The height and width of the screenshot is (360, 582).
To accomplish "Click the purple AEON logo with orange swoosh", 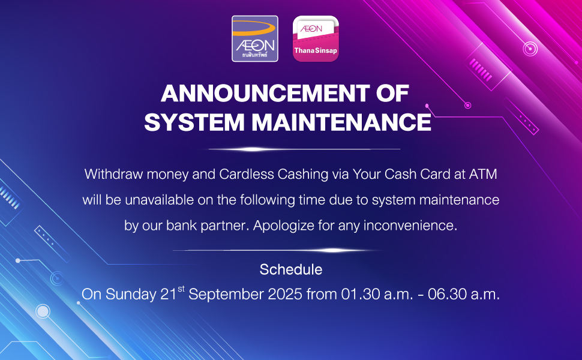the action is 255,38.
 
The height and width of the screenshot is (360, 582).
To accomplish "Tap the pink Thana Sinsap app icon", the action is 316,38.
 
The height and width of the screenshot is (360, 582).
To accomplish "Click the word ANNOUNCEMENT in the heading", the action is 265,93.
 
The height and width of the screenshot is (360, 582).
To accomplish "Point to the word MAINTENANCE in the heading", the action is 341,122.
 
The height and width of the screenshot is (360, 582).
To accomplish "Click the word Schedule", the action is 291,269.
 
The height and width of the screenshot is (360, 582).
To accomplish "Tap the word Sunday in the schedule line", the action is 131,295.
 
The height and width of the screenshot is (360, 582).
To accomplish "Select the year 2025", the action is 285,295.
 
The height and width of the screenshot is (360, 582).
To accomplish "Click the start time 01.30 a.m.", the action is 377,295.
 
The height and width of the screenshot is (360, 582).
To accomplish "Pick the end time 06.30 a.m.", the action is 464,295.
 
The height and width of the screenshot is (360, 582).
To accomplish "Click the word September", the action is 226,295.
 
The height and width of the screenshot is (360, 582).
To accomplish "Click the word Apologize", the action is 284,226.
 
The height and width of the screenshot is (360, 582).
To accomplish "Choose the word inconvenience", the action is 410,226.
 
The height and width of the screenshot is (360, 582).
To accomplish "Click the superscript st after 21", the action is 181,289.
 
